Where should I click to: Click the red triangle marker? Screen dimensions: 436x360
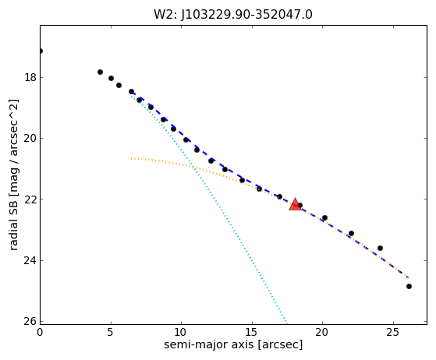(295, 204)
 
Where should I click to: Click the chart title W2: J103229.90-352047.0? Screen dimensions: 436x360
(233, 15)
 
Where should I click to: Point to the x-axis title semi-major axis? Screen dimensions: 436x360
(209, 344)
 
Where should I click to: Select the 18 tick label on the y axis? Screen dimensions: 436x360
(30, 77)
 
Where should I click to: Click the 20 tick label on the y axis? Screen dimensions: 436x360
(30, 138)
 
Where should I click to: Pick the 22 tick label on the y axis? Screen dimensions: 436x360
(30, 199)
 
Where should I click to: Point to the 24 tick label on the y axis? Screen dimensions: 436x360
(30, 260)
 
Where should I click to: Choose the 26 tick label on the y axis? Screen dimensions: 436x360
(30, 321)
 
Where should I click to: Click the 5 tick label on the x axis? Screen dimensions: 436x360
(111, 332)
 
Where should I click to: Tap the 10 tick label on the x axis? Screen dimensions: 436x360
(181, 332)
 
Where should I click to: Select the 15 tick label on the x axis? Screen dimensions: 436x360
(252, 332)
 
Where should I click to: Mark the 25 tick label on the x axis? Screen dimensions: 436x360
(393, 332)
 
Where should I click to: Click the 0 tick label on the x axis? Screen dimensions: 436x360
(40, 332)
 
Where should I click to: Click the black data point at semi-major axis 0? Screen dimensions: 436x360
(41, 51)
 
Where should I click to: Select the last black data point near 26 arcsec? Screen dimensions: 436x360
(409, 287)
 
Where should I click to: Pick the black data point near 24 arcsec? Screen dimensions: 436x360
(380, 248)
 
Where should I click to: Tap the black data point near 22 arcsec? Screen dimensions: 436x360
(351, 233)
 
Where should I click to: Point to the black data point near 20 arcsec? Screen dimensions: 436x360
(324, 217)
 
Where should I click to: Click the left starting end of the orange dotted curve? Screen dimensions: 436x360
(132, 159)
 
